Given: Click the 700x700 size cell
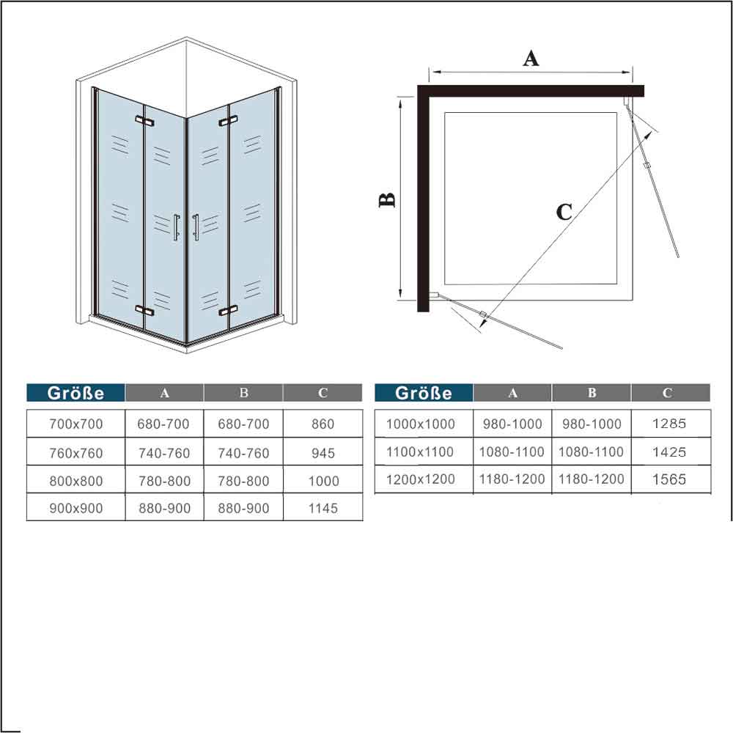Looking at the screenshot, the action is click(x=75, y=424).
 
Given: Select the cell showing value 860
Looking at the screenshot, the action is click(x=323, y=424).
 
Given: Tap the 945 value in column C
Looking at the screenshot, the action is click(x=323, y=453).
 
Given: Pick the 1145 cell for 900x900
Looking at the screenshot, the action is click(x=323, y=508).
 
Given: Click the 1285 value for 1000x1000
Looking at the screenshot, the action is click(x=669, y=424).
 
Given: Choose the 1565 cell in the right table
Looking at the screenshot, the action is click(x=669, y=479).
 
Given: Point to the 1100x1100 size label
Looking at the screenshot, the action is click(x=420, y=452).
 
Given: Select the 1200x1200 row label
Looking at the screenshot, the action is click(x=420, y=479).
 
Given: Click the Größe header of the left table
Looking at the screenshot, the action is click(x=75, y=393).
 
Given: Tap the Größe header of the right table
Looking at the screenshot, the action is click(x=424, y=393).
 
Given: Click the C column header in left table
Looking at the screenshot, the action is click(x=323, y=393).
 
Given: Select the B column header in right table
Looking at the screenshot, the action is click(x=592, y=393).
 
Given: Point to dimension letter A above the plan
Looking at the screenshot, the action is click(x=531, y=59).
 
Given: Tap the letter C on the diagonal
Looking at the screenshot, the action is click(x=564, y=213).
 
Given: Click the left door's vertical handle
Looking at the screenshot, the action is click(x=176, y=228).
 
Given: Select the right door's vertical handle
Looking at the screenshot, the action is click(x=196, y=228).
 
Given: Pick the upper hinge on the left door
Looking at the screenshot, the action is click(x=145, y=121).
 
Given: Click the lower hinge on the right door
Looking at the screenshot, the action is click(x=228, y=310).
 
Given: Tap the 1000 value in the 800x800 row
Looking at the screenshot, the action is click(x=323, y=481).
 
